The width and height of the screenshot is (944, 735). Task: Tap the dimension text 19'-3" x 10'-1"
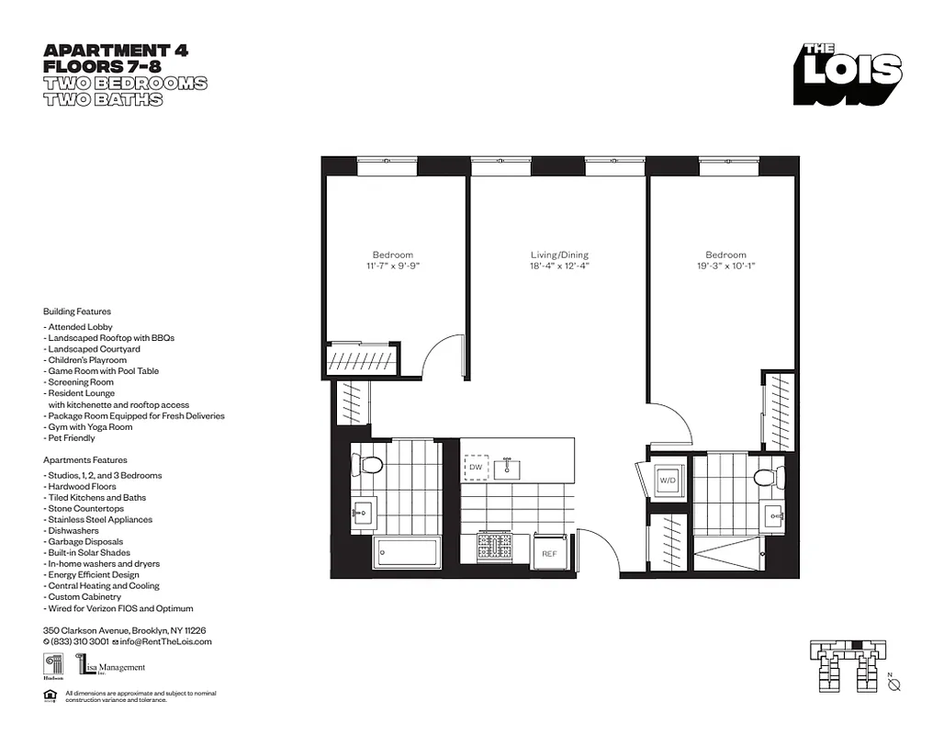point(725,266)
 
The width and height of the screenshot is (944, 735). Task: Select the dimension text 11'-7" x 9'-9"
point(392,266)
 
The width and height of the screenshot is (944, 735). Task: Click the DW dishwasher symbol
point(475,468)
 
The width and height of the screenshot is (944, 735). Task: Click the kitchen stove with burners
point(496,548)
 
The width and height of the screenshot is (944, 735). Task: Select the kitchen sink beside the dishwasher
point(507,469)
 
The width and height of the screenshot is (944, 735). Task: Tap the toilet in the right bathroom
point(764,476)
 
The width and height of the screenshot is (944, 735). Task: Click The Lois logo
point(848,74)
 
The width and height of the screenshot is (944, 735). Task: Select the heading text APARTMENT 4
point(116,51)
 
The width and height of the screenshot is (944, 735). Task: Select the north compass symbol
point(894,684)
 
